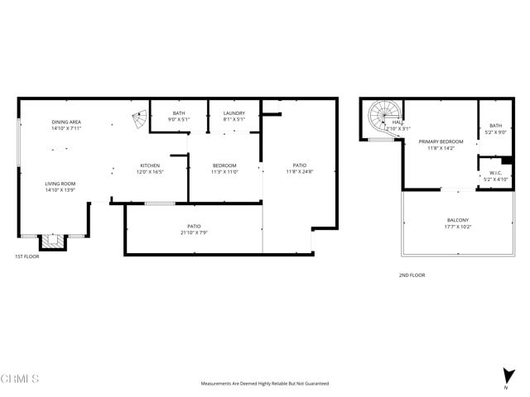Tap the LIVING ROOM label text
tap(60, 184)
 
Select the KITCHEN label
tap(150, 165)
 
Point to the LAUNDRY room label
tap(234, 113)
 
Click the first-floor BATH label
tap(179, 113)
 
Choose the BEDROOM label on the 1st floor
tap(224, 165)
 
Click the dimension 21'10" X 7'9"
tap(194, 233)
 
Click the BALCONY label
tap(457, 220)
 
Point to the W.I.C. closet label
tap(495, 173)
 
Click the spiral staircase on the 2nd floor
tap(383, 117)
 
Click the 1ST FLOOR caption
tap(26, 256)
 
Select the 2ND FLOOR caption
tap(412, 275)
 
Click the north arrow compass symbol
tap(506, 376)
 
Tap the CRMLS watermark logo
tap(21, 378)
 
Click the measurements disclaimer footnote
tap(265, 383)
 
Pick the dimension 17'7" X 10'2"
tap(457, 227)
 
